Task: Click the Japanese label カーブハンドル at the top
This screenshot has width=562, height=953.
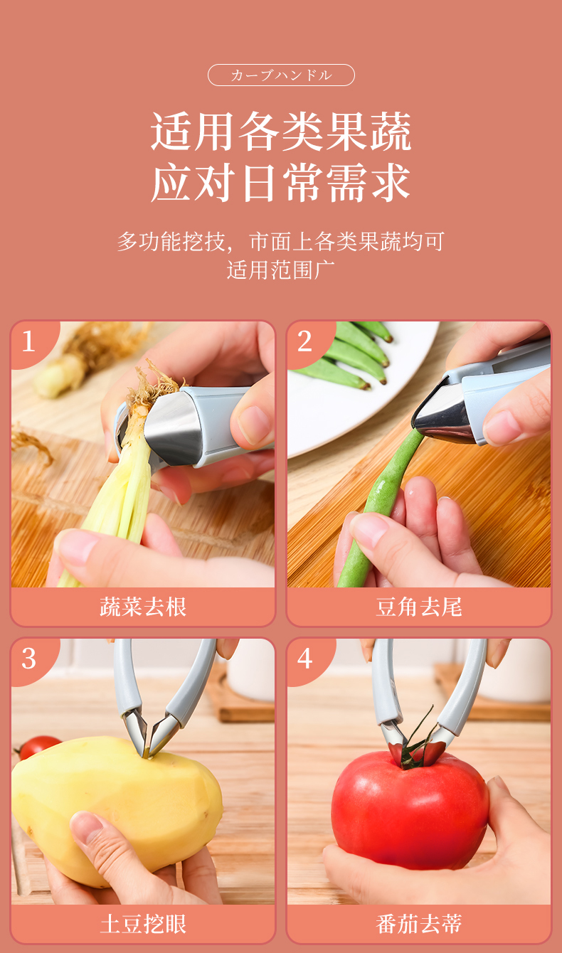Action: [281, 75]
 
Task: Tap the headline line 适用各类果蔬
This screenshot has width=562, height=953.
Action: [281, 131]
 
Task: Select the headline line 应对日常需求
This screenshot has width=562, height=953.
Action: [281, 183]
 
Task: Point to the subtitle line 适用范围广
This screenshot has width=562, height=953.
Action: [281, 270]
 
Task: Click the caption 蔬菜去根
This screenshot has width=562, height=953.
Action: [143, 607]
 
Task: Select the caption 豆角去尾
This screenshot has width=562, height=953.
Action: [419, 607]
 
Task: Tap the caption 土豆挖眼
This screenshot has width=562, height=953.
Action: [143, 924]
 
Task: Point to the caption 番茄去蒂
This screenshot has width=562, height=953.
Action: [419, 924]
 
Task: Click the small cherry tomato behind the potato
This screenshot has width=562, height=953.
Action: [38, 747]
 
